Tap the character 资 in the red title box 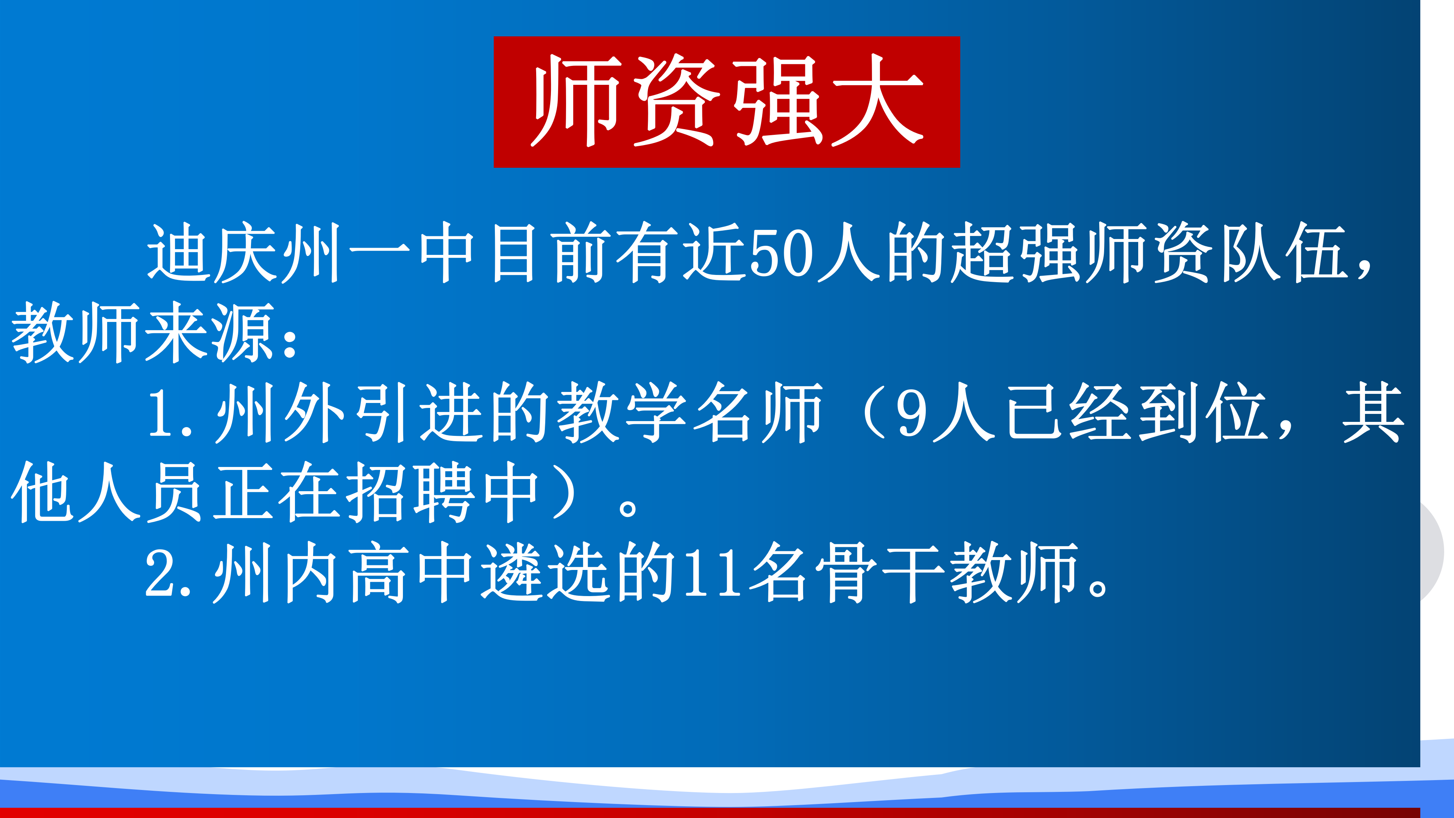[x=676, y=100]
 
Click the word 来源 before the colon [x=209, y=333]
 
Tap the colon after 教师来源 [x=292, y=342]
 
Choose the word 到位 [x=1202, y=412]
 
